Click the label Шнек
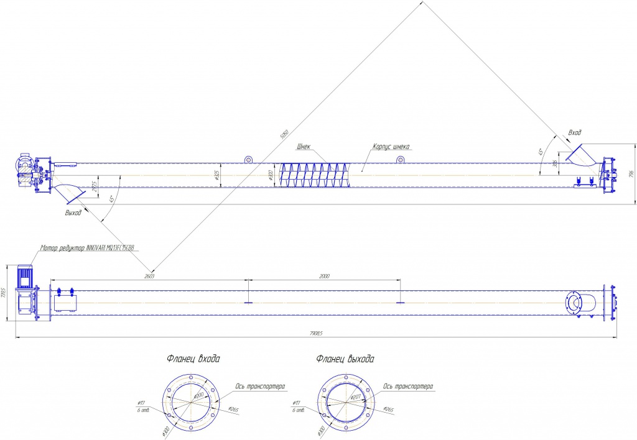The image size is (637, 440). pos(304,147)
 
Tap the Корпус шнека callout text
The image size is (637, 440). pos(391,147)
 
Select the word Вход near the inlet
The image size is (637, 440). pos(575,133)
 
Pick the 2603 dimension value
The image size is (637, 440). pos(149,276)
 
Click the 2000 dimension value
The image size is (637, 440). pos(323,276)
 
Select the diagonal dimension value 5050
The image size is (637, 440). pos(284,133)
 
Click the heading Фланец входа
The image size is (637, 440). pos(193,359)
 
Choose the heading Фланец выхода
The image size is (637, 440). pos(345,359)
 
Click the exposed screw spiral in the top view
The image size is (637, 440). pos(314,175)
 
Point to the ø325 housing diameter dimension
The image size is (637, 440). pos(217,175)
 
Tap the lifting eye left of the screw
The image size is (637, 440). pos(248,160)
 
